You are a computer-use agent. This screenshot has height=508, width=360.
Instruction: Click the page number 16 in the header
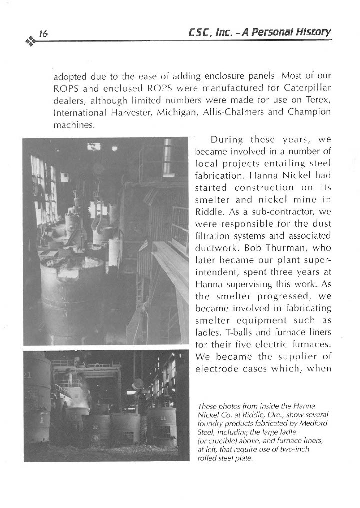point(43,34)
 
